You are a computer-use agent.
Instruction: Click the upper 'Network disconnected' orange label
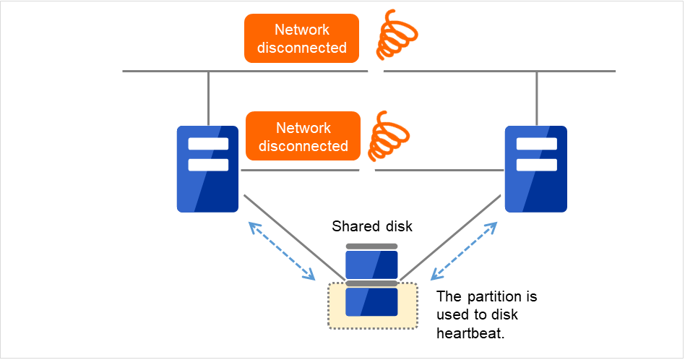click(301, 38)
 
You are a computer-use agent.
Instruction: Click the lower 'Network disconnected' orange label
click(303, 136)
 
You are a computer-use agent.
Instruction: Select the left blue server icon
click(207, 168)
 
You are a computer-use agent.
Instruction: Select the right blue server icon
click(535, 168)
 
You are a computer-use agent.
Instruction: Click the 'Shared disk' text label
click(371, 227)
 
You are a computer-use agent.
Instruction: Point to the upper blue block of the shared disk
click(371, 265)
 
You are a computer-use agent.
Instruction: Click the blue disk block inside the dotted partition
click(371, 301)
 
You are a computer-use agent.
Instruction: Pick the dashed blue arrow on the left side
click(282, 251)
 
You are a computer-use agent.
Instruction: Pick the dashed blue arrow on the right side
click(464, 251)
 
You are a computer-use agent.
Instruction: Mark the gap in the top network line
click(376, 72)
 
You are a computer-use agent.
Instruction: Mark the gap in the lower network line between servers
click(367, 171)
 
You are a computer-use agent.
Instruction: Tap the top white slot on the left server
click(207, 144)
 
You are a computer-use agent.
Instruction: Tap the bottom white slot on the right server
click(535, 165)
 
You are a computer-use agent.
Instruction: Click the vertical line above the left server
click(208, 98)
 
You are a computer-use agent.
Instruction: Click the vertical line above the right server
click(537, 98)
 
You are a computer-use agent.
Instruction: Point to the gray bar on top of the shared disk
click(371, 247)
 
